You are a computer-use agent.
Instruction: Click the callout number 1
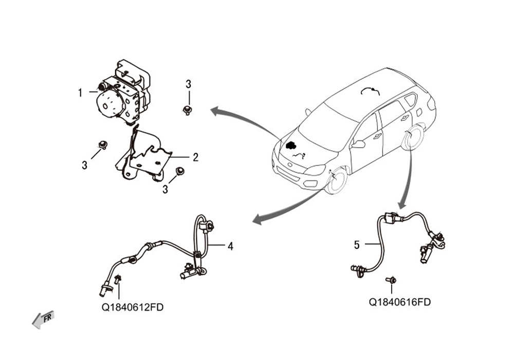click(80, 93)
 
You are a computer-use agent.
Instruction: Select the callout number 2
click(195, 157)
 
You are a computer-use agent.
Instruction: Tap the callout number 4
click(230, 246)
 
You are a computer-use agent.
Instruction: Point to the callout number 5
click(357, 245)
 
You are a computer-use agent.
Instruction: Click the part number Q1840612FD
click(133, 307)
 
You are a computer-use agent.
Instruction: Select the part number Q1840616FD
click(399, 302)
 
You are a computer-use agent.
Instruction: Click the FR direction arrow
click(43, 320)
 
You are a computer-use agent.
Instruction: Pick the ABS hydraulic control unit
click(123, 93)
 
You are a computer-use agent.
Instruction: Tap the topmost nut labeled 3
click(187, 110)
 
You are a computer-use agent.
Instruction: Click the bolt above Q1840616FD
click(391, 280)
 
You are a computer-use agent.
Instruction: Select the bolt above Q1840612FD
click(118, 279)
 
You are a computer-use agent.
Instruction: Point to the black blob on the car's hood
click(290, 145)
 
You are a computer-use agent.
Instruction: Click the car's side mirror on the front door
click(359, 145)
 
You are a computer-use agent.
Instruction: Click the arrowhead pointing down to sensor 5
click(402, 205)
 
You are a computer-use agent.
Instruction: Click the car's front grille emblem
click(290, 165)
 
